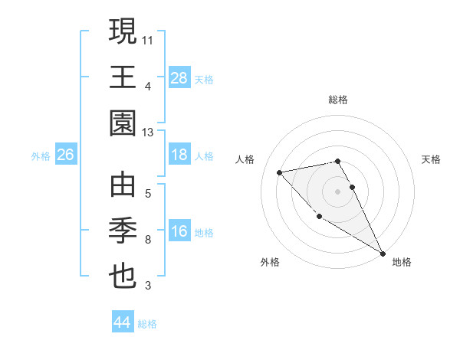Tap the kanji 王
tap(123, 77)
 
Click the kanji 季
tap(123, 231)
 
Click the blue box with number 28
tap(179, 77)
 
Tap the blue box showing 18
tap(179, 155)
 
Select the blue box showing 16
tap(179, 232)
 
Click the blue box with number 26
tap(65, 155)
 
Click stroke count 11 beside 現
tap(148, 38)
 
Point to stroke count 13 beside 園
tap(148, 133)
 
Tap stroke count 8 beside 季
tap(148, 240)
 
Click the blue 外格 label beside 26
tap(41, 156)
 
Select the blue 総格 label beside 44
tap(147, 324)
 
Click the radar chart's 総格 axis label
tap(338, 100)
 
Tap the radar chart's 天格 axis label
tap(432, 159)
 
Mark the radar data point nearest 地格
tap(383, 254)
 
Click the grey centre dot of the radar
tap(338, 191)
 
